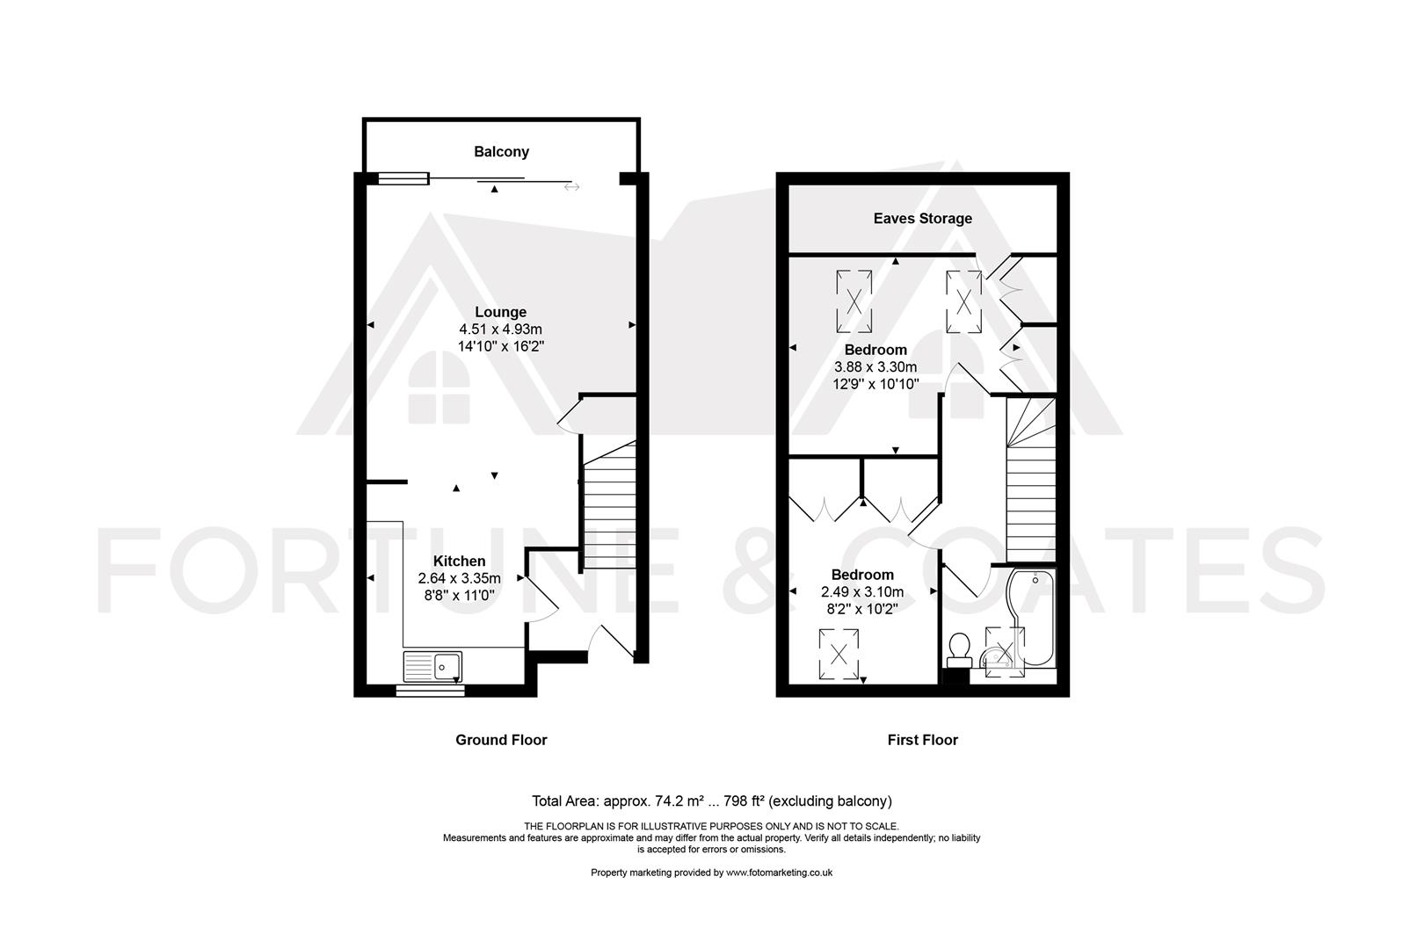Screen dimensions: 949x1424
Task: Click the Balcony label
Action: tap(501, 152)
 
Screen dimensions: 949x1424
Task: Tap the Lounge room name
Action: tap(501, 312)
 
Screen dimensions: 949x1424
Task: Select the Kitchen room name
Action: tap(459, 561)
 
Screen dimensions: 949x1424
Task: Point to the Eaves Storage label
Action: tap(922, 219)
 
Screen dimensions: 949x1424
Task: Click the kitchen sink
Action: tap(432, 665)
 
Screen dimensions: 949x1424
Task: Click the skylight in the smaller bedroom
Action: tap(839, 654)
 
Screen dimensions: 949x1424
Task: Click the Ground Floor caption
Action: tap(501, 740)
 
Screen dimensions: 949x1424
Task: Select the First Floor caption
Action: tap(922, 740)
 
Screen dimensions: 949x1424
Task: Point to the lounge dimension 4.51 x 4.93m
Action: tap(501, 330)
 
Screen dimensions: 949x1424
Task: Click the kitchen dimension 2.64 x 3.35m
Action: tap(459, 578)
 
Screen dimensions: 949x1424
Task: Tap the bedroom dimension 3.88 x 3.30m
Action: tap(875, 367)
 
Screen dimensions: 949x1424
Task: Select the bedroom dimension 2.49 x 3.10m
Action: tap(862, 592)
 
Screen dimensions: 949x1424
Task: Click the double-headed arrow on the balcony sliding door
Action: tap(572, 186)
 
